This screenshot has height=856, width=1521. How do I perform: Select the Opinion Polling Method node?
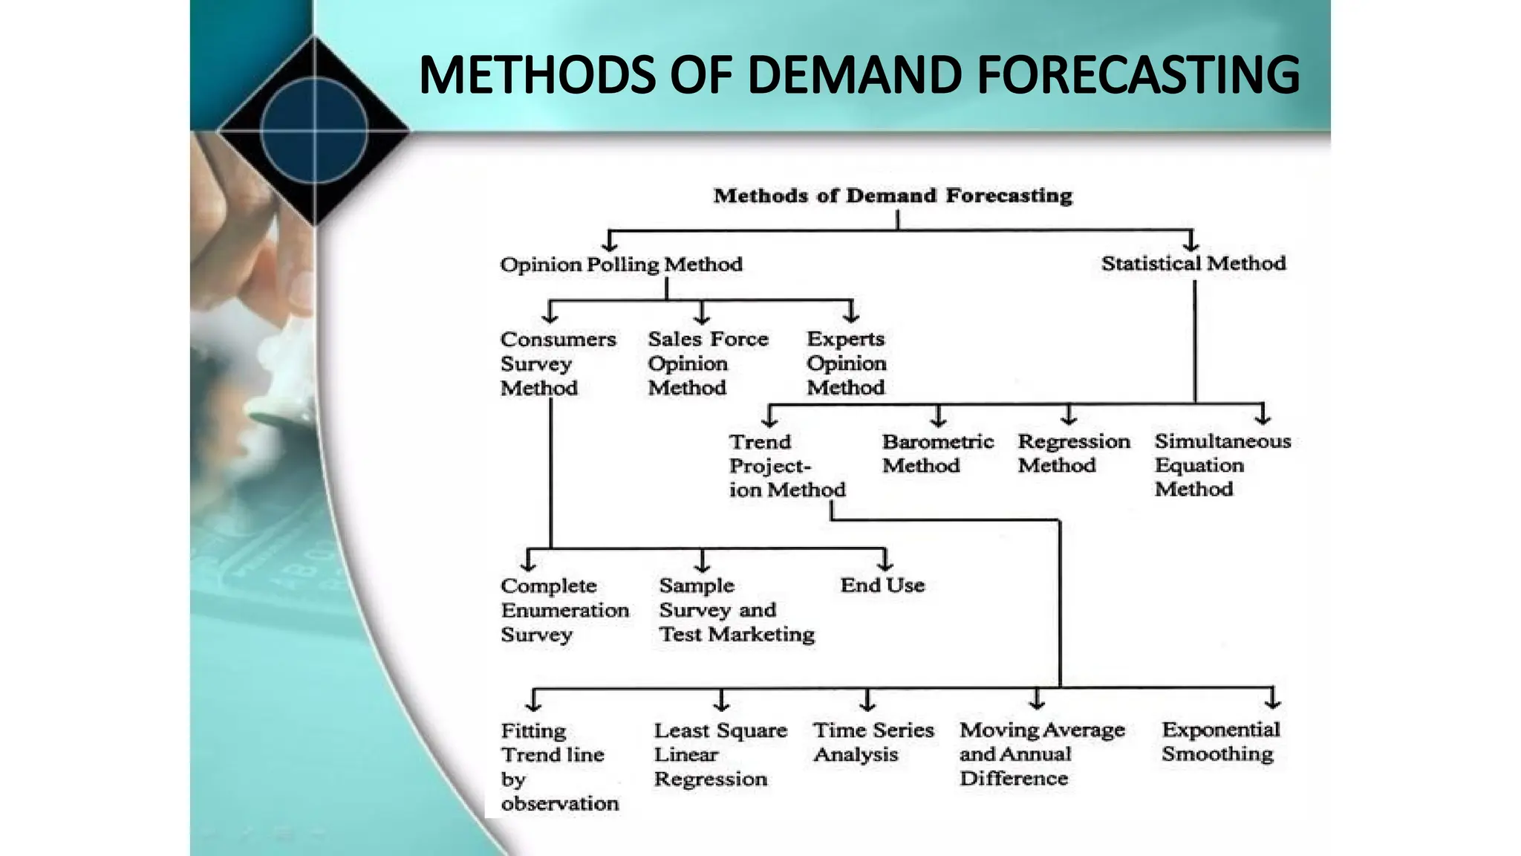(x=621, y=265)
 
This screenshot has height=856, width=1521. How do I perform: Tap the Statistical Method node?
(x=1193, y=263)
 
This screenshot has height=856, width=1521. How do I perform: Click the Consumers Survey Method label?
(x=557, y=363)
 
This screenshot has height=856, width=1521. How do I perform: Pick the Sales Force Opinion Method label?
(x=707, y=363)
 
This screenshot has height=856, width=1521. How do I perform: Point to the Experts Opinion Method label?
(x=846, y=363)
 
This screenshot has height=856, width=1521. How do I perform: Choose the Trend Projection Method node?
(x=786, y=466)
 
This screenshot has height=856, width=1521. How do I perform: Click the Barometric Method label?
(x=937, y=453)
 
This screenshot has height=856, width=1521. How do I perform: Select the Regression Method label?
(x=1073, y=453)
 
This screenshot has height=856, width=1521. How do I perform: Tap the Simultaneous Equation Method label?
(x=1222, y=465)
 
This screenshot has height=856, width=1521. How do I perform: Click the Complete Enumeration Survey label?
(x=564, y=610)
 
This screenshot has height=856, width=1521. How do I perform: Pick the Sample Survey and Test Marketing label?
(x=735, y=610)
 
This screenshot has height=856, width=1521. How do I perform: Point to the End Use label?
(x=882, y=586)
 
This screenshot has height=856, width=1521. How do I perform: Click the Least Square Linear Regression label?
(x=719, y=754)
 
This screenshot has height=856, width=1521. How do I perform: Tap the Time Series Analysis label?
(x=873, y=742)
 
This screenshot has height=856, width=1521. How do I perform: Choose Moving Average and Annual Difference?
(x=1040, y=754)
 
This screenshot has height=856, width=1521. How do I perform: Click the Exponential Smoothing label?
(x=1220, y=742)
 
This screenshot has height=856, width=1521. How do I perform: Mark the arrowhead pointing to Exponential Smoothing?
(x=1273, y=701)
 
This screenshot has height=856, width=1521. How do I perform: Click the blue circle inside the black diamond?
(x=314, y=129)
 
